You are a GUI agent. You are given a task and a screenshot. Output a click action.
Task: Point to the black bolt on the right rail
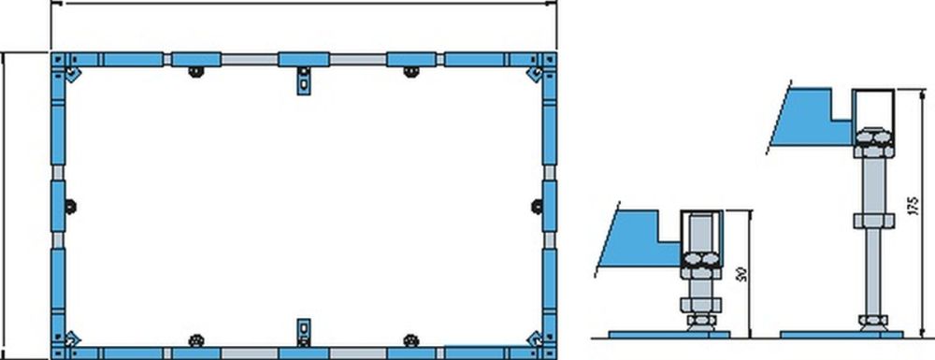click(537, 206)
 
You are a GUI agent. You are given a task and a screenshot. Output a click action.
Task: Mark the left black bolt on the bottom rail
click(194, 338)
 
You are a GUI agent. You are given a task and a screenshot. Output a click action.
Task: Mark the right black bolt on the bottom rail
click(410, 338)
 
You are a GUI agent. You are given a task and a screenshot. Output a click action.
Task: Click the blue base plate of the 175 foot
click(841, 332)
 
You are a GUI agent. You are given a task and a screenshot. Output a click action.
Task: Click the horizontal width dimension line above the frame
click(303, 4)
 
